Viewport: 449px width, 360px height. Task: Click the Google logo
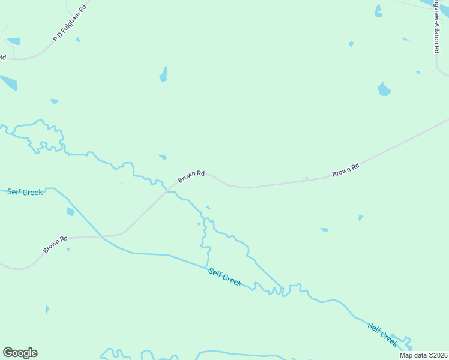pos(20,353)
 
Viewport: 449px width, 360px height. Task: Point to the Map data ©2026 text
pos(423,355)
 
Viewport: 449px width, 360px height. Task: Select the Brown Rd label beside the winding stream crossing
pos(191,176)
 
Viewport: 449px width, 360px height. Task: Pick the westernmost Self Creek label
pos(25,192)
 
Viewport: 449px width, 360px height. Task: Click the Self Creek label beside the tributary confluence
pos(224,277)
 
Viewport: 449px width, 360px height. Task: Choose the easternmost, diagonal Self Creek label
pos(382,334)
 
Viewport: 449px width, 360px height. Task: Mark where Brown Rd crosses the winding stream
pos(168,190)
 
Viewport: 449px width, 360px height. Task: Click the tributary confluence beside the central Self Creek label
pos(207,268)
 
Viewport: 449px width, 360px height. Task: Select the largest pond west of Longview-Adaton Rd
pos(384,89)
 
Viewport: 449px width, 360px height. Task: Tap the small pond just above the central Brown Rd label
pos(163,157)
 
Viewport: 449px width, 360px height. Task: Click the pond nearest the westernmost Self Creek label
pos(70,211)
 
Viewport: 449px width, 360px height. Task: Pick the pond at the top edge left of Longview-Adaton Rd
pos(378,11)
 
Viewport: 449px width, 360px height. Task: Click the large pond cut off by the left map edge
pos(7,82)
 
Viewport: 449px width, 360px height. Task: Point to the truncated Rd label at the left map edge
pos(2,58)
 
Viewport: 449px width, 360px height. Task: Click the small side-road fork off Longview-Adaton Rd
pos(434,70)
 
